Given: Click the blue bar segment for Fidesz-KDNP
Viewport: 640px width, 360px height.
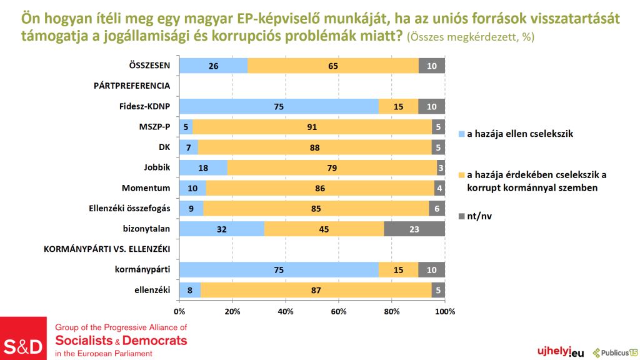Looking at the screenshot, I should pyautogui.click(x=279, y=106).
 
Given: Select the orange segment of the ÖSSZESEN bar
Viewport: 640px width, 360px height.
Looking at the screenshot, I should pyautogui.click(x=333, y=65).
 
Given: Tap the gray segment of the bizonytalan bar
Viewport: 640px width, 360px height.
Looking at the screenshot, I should pyautogui.click(x=414, y=229).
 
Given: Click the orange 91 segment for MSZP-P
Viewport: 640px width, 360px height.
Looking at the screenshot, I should pyautogui.click(x=312, y=127).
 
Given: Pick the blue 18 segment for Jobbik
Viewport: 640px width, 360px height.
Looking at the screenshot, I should pyautogui.click(x=203, y=167).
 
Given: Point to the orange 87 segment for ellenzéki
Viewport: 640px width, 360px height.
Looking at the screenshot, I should pyautogui.click(x=316, y=290).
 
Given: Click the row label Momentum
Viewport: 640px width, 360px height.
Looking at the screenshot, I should pyautogui.click(x=147, y=188).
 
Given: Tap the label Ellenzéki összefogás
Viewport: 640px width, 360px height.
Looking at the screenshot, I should pyautogui.click(x=127, y=208).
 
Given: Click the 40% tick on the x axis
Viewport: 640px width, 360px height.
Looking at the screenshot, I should pyautogui.click(x=286, y=311).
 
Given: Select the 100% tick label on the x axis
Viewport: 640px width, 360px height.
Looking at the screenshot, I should pyautogui.click(x=445, y=311).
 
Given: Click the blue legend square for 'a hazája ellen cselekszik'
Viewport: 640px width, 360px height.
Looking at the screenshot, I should pyautogui.click(x=462, y=134).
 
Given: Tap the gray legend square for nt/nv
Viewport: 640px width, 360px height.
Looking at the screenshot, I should pyautogui.click(x=462, y=216).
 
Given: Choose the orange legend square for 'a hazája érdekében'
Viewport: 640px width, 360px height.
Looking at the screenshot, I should pyautogui.click(x=462, y=175).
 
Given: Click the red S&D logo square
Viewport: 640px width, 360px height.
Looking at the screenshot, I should pyautogui.click(x=24, y=338).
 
